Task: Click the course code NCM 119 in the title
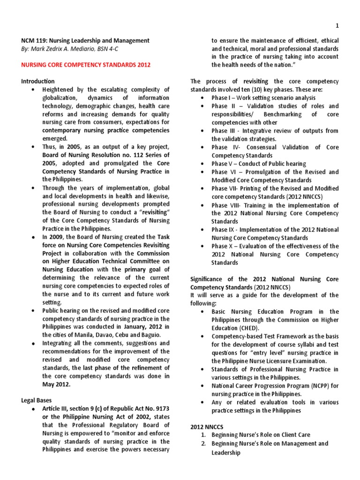(35, 41)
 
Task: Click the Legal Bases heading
(37, 400)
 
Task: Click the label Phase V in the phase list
(222, 164)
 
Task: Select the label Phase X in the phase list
(222, 246)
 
